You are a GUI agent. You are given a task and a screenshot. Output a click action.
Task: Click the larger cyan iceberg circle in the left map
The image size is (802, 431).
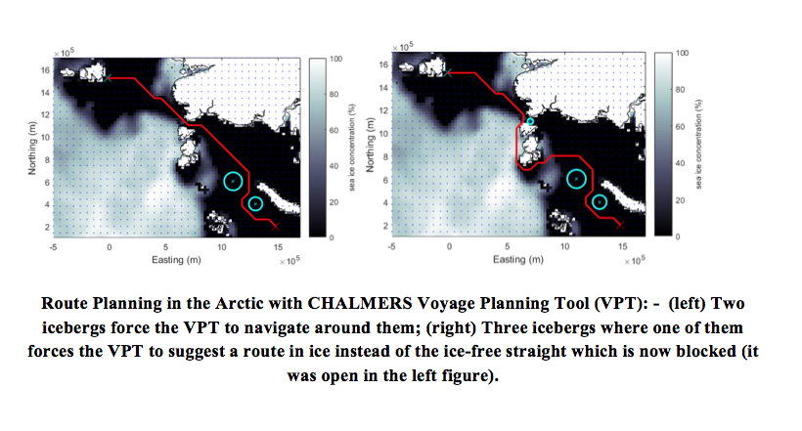(224, 181)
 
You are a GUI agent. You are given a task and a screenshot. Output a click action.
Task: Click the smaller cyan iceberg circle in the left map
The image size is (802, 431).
(248, 203)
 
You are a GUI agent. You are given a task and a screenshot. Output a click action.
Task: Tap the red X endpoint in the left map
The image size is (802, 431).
(276, 226)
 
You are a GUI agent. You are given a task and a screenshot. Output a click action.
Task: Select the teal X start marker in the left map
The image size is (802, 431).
(108, 78)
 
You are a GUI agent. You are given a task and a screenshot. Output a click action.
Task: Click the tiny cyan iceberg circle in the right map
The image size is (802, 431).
(527, 122)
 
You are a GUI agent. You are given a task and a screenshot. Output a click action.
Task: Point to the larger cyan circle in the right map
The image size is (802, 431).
(567, 179)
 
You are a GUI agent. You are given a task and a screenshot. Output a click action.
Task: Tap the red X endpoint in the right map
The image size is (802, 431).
(620, 225)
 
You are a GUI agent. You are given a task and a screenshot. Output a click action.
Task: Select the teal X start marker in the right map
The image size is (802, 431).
(448, 73)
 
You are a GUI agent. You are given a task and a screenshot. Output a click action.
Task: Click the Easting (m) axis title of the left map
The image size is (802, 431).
(176, 260)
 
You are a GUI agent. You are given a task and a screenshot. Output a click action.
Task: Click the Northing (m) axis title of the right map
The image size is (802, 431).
(371, 146)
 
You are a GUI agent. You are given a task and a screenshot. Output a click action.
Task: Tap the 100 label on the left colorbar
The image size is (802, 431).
(336, 59)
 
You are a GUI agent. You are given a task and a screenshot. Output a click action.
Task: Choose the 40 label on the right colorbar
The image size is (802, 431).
(681, 163)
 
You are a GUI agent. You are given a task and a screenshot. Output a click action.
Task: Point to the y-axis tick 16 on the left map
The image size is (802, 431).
(46, 70)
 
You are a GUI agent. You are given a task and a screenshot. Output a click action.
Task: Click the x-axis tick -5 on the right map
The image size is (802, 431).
(392, 246)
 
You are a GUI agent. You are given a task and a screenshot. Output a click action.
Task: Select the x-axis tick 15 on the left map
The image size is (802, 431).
(278, 247)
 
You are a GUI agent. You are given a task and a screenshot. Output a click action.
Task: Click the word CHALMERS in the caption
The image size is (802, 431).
(360, 303)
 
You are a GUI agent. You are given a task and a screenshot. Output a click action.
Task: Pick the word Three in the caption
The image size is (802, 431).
(503, 327)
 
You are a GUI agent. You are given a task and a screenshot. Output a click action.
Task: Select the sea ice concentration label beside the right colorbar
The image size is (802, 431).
(698, 145)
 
